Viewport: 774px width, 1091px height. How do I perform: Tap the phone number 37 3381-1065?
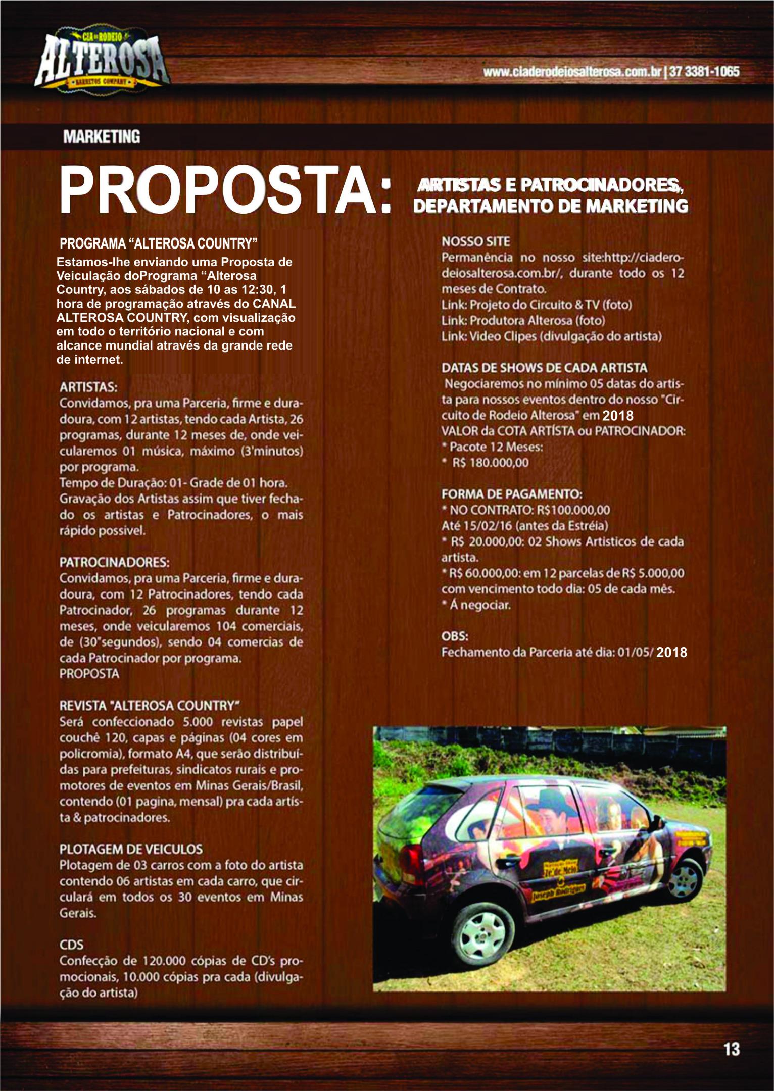704,72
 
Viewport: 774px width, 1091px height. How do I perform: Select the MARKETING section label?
101,136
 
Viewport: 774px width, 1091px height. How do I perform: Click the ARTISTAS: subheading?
88,387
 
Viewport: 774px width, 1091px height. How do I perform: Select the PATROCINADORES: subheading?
114,563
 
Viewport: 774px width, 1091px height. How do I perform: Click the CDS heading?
71,945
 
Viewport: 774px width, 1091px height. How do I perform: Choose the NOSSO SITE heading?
476,241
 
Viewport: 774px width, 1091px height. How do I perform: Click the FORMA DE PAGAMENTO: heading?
512,493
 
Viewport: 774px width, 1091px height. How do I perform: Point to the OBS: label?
455,636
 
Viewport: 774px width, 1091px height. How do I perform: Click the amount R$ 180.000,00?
490,463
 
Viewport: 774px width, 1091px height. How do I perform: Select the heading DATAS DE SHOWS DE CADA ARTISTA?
544,368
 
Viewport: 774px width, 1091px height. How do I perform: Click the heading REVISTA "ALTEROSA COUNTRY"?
150,705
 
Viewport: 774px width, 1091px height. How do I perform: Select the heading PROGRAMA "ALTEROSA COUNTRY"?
159,243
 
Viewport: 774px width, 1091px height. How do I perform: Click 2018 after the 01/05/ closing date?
672,652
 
